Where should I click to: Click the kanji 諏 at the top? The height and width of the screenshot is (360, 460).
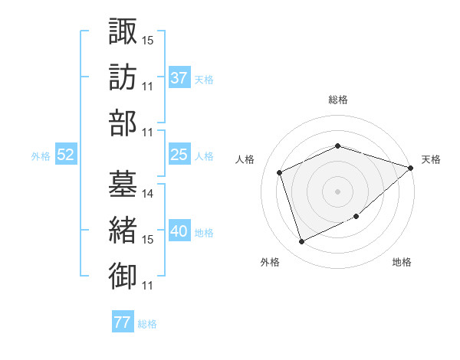click(x=123, y=32)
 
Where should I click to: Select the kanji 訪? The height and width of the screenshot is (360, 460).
click(x=123, y=77)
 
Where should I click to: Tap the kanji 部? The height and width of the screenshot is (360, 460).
click(x=123, y=123)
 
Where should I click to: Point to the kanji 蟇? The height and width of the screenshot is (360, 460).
click(x=123, y=184)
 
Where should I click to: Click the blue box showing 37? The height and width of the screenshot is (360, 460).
click(x=179, y=78)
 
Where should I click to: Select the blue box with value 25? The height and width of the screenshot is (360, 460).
click(x=179, y=155)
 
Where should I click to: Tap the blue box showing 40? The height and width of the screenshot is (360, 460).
click(x=179, y=231)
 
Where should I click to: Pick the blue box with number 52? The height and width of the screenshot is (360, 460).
click(x=66, y=155)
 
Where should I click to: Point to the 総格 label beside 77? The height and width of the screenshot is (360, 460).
click(x=147, y=324)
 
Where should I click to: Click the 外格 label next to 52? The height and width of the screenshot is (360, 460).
click(x=41, y=156)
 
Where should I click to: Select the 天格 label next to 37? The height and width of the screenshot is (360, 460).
click(x=204, y=80)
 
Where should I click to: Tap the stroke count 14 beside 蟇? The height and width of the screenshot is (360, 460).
click(x=148, y=194)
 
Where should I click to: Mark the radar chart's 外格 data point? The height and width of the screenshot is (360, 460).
click(x=301, y=242)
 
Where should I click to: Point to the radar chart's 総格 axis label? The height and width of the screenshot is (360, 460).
click(x=337, y=100)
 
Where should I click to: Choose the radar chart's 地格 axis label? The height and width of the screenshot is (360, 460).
click(x=402, y=262)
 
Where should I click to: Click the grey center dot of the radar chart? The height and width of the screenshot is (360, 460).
click(x=337, y=191)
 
